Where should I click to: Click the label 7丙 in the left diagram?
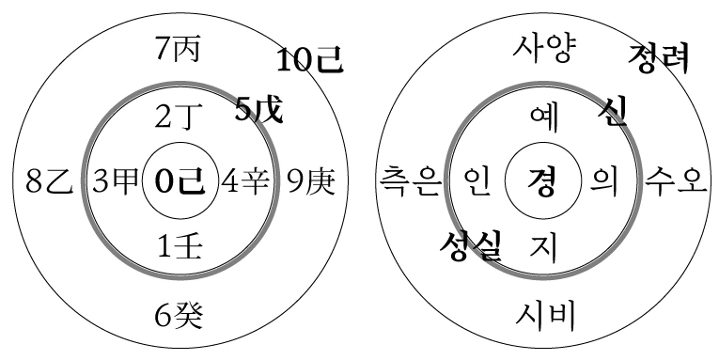click(x=179, y=49)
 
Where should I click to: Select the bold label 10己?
click(x=309, y=62)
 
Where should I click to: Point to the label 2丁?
click(x=179, y=117)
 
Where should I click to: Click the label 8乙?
click(x=49, y=180)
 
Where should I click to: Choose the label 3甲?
click(x=112, y=180)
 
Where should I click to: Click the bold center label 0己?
click(x=179, y=181)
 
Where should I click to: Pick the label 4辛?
click(x=244, y=180)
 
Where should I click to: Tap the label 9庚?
click(x=309, y=180)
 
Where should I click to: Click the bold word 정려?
click(x=659, y=59)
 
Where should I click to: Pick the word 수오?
click(x=674, y=180)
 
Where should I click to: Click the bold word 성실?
click(x=470, y=247)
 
